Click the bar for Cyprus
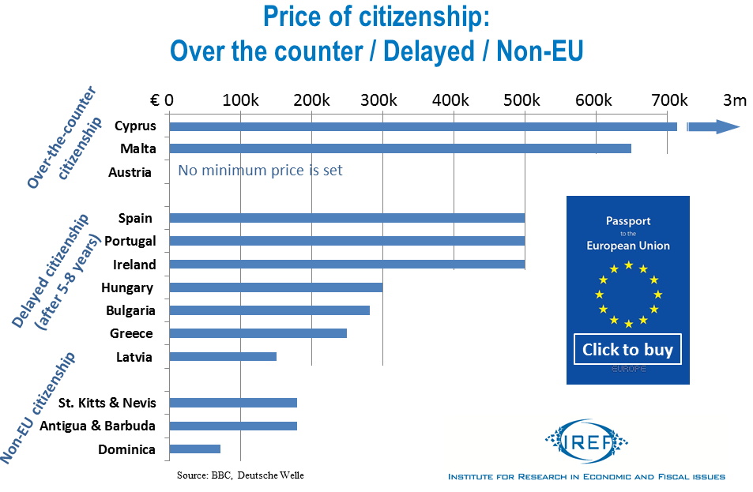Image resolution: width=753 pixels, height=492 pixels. click(x=423, y=126)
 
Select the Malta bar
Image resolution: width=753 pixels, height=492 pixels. click(x=400, y=148)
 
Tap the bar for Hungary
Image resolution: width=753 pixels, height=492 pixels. click(x=276, y=287)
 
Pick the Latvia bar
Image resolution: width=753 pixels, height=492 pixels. click(x=223, y=356)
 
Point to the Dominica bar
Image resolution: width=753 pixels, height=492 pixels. click(x=194, y=449)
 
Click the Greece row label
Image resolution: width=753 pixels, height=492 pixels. click(x=131, y=333)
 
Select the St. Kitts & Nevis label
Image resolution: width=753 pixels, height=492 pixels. click(x=107, y=403)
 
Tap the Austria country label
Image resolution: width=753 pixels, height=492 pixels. click(x=130, y=172)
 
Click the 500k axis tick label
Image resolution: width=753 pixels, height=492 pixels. click(x=523, y=100)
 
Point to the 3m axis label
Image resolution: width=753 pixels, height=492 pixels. click(x=734, y=100)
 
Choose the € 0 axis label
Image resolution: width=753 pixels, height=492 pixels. click(x=162, y=100)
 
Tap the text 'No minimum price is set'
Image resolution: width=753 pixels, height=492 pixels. click(x=260, y=170)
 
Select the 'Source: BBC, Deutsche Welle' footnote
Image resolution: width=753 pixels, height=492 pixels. click(x=240, y=475)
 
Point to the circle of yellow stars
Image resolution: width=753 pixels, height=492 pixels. click(x=628, y=294)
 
